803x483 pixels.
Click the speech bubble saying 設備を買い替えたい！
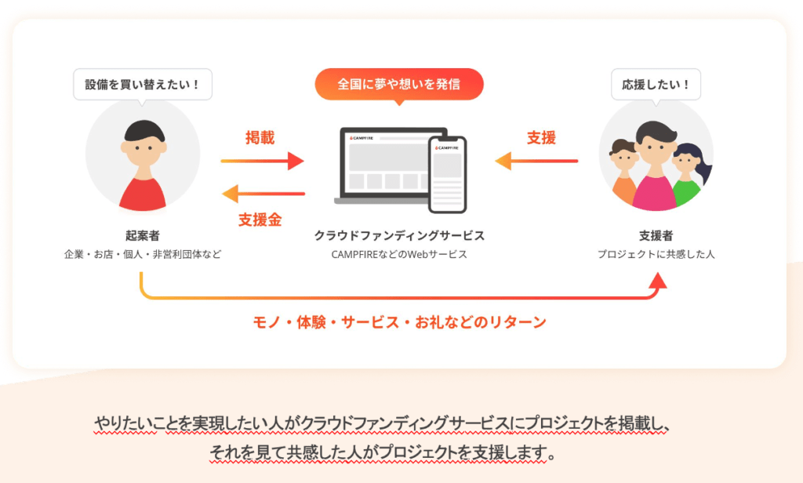[143, 85]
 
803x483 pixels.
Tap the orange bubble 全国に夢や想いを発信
[399, 85]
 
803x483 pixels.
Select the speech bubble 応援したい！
[656, 85]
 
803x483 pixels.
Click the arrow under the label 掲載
[262, 161]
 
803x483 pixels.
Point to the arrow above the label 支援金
[263, 194]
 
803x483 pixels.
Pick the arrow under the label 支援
[536, 161]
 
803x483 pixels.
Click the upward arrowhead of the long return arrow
[658, 280]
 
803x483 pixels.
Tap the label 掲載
[260, 137]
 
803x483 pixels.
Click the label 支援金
[260, 220]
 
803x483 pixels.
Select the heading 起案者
[143, 235]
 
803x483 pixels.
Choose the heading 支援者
[656, 235]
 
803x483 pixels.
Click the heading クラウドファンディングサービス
[399, 235]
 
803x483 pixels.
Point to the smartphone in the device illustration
[448, 175]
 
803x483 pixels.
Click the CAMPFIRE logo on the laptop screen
[362, 138]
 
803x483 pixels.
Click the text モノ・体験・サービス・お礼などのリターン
[399, 322]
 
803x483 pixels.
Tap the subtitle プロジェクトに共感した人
[656, 254]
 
